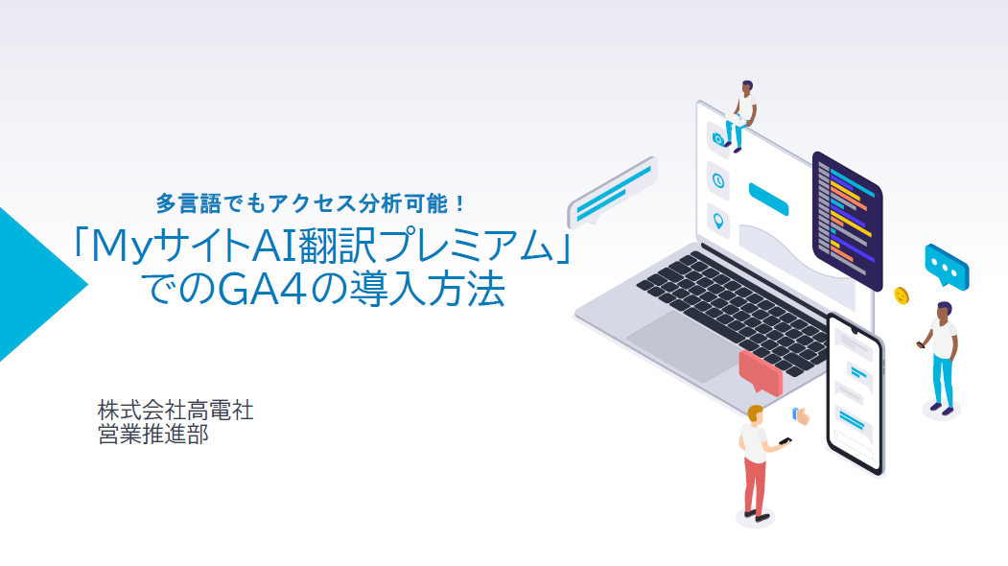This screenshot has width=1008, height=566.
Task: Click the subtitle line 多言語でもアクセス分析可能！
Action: [311, 204]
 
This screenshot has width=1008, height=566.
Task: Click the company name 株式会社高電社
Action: [176, 410]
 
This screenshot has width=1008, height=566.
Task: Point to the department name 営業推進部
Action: [153, 435]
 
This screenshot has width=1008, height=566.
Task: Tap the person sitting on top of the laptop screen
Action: [740, 116]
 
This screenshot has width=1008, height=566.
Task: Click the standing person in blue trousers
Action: [940, 358]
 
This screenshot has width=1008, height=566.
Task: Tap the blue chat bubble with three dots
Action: [947, 265]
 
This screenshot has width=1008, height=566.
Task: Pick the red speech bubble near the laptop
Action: [761, 371]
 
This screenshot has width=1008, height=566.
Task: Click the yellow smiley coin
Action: [902, 295]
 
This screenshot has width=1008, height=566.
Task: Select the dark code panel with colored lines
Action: [847, 219]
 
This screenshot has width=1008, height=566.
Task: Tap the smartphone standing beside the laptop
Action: [855, 394]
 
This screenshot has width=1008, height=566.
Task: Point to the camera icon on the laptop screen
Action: [718, 137]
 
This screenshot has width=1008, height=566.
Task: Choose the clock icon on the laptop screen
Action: [718, 180]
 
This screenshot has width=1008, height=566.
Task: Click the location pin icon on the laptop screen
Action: [718, 222]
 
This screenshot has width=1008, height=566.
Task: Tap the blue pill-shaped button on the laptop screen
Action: [768, 199]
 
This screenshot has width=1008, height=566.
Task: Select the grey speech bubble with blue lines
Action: [611, 192]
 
